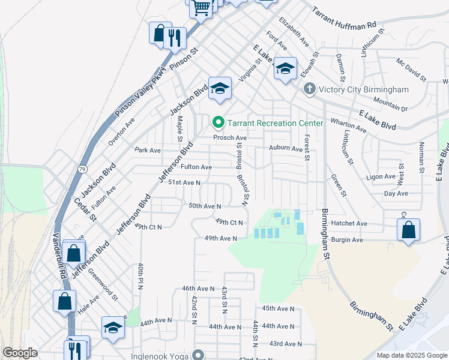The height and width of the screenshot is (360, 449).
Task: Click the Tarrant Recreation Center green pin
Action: tap(218, 123)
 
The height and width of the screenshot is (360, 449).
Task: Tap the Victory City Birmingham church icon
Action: tap(309, 89)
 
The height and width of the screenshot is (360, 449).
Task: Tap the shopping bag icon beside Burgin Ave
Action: tap(408, 230)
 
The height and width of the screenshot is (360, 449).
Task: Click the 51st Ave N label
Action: tap(184, 182)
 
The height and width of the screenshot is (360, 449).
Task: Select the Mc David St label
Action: tap(411, 70)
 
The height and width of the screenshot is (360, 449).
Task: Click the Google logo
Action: tap(20, 353)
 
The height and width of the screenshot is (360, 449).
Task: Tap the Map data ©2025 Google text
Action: tap(411, 355)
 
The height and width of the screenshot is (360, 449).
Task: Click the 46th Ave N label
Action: tap(198, 289)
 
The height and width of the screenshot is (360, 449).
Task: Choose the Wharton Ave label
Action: tap(348, 124)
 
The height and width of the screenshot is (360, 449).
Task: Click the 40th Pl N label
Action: tap(140, 277)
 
